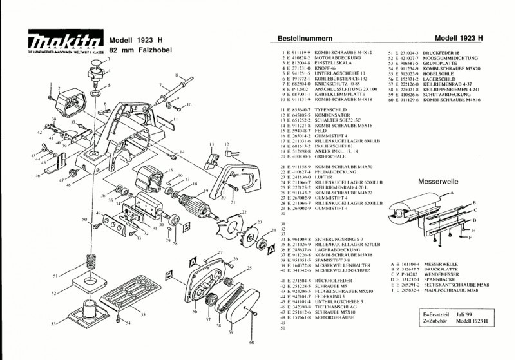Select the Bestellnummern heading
[303, 39]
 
